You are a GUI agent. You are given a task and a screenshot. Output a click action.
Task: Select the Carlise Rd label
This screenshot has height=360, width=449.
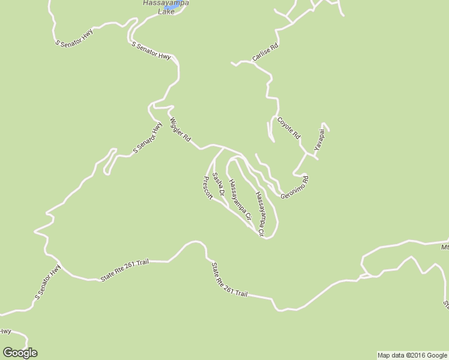point(265,53)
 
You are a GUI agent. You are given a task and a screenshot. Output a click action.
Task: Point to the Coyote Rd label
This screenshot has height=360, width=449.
point(288,128)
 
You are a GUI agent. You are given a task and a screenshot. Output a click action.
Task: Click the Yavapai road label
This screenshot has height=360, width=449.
point(321,139)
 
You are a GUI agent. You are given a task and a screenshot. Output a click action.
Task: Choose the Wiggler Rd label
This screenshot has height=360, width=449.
point(179,130)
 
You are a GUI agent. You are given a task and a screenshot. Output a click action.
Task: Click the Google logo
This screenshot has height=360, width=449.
point(19,353)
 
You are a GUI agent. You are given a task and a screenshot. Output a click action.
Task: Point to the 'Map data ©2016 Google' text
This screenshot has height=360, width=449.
point(412,355)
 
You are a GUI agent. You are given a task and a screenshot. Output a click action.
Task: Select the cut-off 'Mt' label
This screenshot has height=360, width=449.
point(445,247)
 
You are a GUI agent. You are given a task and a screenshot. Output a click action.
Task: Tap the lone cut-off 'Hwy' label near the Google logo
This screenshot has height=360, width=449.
point(5,331)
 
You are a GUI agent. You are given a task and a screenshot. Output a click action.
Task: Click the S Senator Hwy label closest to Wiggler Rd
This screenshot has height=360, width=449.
point(148,139)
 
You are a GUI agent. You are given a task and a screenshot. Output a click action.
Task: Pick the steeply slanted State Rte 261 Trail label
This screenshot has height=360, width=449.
point(229,280)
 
